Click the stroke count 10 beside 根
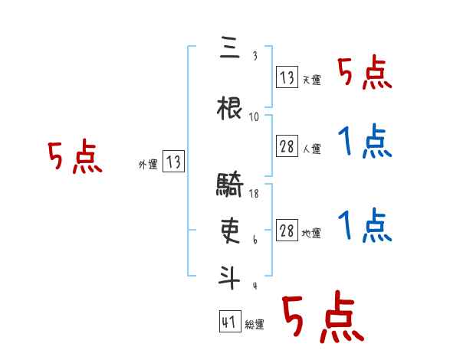(255, 117)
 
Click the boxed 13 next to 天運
(287, 78)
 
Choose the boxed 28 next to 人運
(287, 147)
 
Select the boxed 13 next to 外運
(174, 162)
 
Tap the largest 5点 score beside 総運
(321, 317)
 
